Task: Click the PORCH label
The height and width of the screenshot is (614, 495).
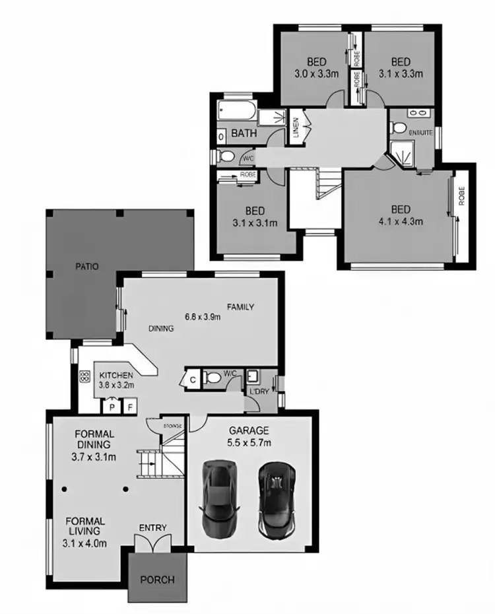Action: point(158,580)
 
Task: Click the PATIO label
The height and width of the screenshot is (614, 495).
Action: point(86,267)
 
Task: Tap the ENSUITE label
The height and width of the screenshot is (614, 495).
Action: point(420,133)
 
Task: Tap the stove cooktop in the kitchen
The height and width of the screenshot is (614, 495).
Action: point(85,378)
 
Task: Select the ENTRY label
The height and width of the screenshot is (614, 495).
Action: point(152,528)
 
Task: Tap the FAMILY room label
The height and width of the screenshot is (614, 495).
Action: point(241,307)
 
